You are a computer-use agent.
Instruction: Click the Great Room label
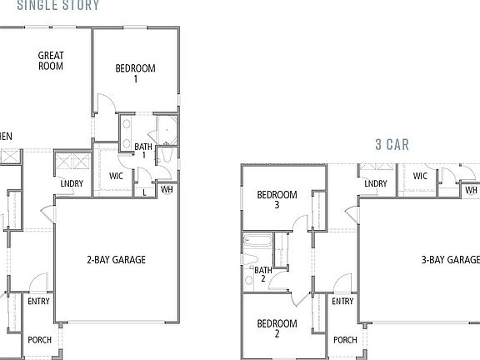click(x=51, y=61)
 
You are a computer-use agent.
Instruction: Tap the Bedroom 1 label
click(x=134, y=74)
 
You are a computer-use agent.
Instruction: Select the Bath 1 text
click(x=144, y=151)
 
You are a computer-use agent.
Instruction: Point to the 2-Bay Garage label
click(x=117, y=260)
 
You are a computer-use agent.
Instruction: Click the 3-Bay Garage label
click(x=450, y=260)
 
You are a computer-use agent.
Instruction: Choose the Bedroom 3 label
click(x=277, y=199)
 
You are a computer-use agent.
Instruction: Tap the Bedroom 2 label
click(x=277, y=327)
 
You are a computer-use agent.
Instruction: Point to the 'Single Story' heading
click(x=57, y=5)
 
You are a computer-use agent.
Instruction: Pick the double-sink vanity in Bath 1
click(x=127, y=132)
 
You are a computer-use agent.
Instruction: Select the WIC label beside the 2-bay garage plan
click(x=117, y=176)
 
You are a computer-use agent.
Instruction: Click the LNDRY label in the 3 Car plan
click(x=375, y=183)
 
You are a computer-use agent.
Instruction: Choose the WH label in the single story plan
click(x=167, y=189)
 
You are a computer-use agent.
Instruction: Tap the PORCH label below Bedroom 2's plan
click(x=345, y=340)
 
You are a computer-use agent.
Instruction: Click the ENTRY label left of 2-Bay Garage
click(x=39, y=301)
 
